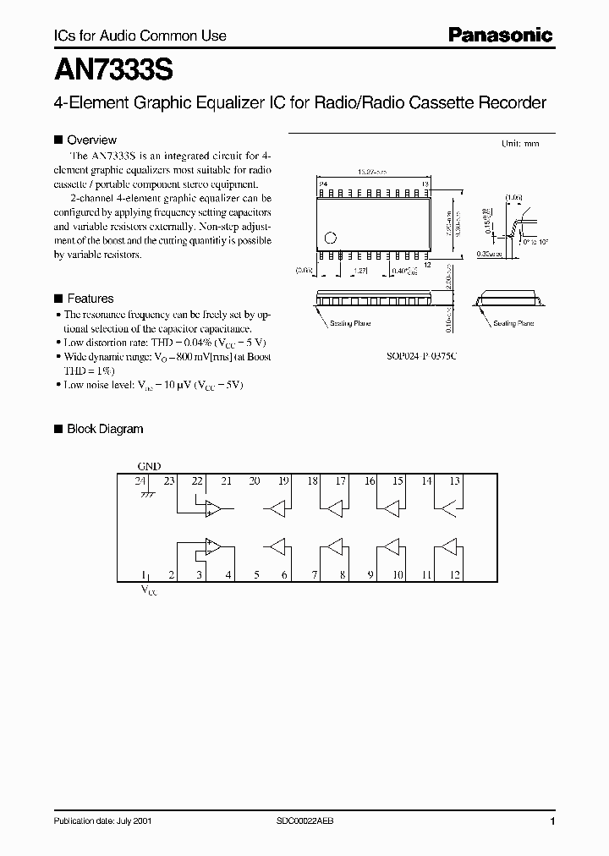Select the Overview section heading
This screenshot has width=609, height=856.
tap(91, 140)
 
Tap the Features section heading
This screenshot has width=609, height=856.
tap(90, 299)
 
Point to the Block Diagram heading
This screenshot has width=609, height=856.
tap(105, 429)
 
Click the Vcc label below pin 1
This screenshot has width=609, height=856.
tap(148, 590)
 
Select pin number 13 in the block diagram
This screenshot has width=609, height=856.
tap(454, 480)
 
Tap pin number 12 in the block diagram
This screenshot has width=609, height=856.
tap(454, 575)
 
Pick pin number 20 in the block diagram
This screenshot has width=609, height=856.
tap(255, 480)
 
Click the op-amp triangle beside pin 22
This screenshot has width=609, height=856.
tap(212, 508)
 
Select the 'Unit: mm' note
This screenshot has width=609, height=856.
tap(519, 144)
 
